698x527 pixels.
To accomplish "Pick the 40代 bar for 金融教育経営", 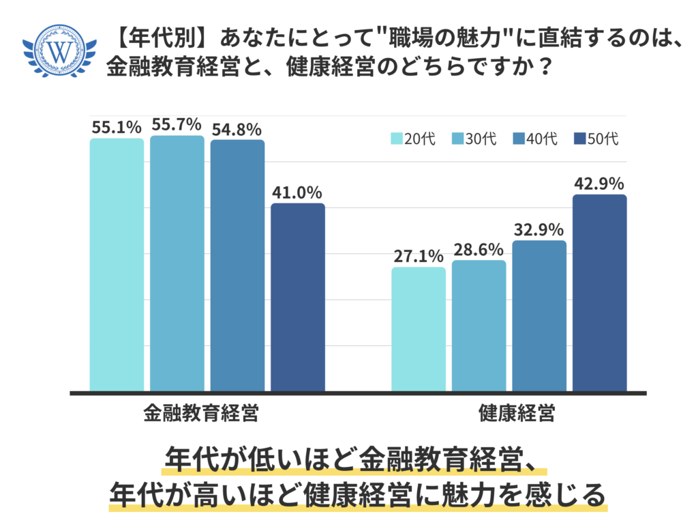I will pos(237,266).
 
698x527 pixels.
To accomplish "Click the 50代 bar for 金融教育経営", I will pos(298,298).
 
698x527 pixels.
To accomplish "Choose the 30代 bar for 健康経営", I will pos(479,326).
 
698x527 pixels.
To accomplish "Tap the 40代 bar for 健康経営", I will pos(539,315).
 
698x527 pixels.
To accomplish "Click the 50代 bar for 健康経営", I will pos(599,293).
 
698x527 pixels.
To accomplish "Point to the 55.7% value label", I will pos(177,124).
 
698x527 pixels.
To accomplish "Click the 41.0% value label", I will pos(298,193).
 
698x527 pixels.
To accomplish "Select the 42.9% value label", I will pos(599,184).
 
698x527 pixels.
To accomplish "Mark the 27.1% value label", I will pos(418,256).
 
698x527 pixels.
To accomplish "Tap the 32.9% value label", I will pos(539,229).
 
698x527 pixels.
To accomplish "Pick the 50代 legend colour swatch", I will pos(580,139).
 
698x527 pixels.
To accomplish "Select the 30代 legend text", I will pos(481,139).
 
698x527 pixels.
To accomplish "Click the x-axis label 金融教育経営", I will pos(200,413).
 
